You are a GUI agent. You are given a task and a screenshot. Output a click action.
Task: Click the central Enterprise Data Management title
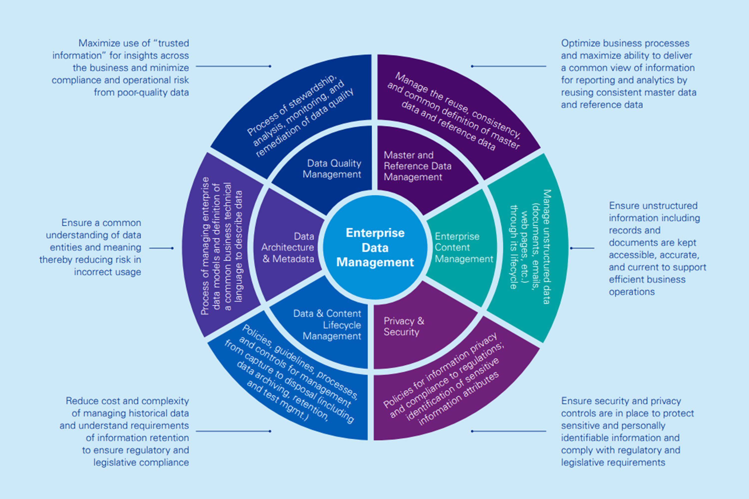(x=375, y=248)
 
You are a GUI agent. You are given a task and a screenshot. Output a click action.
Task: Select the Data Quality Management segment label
(x=332, y=169)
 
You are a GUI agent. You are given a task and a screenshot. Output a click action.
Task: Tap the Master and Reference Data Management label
(x=417, y=166)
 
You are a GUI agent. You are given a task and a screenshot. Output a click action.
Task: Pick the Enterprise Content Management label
(x=463, y=248)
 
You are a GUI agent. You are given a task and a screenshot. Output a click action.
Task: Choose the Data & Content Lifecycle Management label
(x=331, y=325)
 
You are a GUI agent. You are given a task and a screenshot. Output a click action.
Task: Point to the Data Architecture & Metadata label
(x=288, y=248)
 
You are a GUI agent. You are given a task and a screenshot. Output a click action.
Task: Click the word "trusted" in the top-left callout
(x=173, y=43)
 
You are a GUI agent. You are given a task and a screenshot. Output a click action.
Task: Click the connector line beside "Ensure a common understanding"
(x=161, y=248)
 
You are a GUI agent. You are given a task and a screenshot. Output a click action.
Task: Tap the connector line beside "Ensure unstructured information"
(x=582, y=248)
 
